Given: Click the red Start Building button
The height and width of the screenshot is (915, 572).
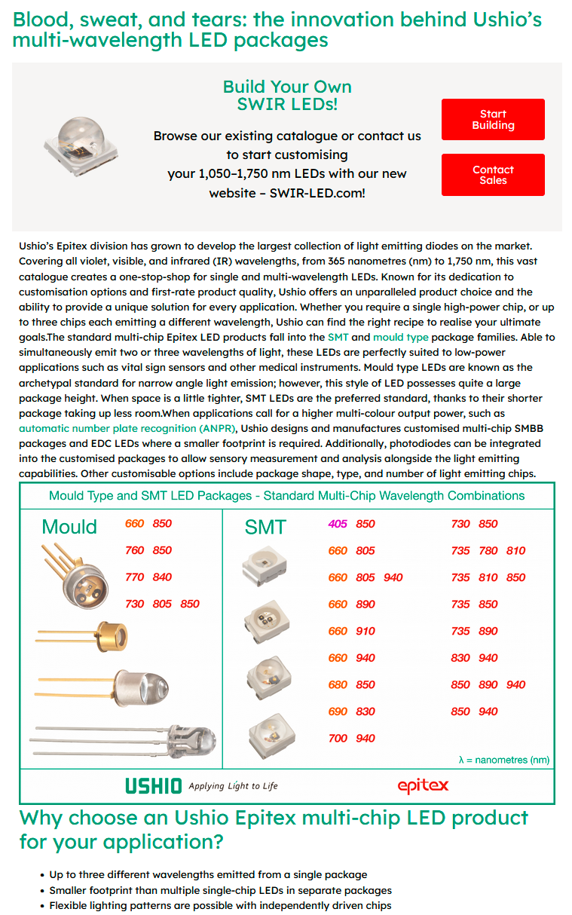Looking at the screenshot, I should pos(493,120).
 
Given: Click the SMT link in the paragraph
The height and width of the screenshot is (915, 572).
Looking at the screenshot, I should pos(338,338).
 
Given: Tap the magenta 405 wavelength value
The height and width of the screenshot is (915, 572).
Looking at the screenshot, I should pos(338,524).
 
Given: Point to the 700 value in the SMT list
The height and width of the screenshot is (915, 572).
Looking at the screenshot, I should pos(338,738).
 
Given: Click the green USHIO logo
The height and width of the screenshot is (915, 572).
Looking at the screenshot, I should pos(154,786).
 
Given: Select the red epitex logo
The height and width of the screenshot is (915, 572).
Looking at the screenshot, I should pos(423,786).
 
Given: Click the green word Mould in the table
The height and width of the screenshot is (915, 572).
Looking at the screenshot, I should pos(69,527).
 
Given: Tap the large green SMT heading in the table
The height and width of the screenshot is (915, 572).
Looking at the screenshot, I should pos(265,528).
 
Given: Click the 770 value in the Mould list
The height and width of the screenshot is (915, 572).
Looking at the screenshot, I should pos(135,577).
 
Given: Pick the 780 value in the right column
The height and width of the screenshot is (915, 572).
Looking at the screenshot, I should pos(488,550).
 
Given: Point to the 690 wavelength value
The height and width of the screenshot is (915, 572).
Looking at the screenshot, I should pos(338,711).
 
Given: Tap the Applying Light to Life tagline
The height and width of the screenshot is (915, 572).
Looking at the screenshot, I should pos(233,786).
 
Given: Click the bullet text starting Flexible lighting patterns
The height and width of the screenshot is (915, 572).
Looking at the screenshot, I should pos(220,905).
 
